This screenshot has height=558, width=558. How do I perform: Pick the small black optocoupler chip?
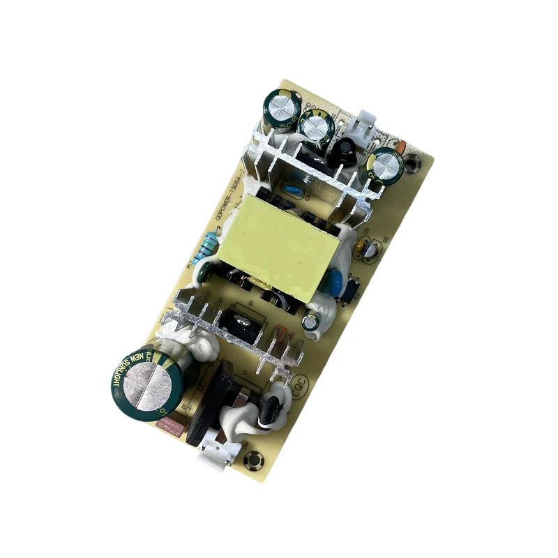pyautogui.click(x=351, y=288)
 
